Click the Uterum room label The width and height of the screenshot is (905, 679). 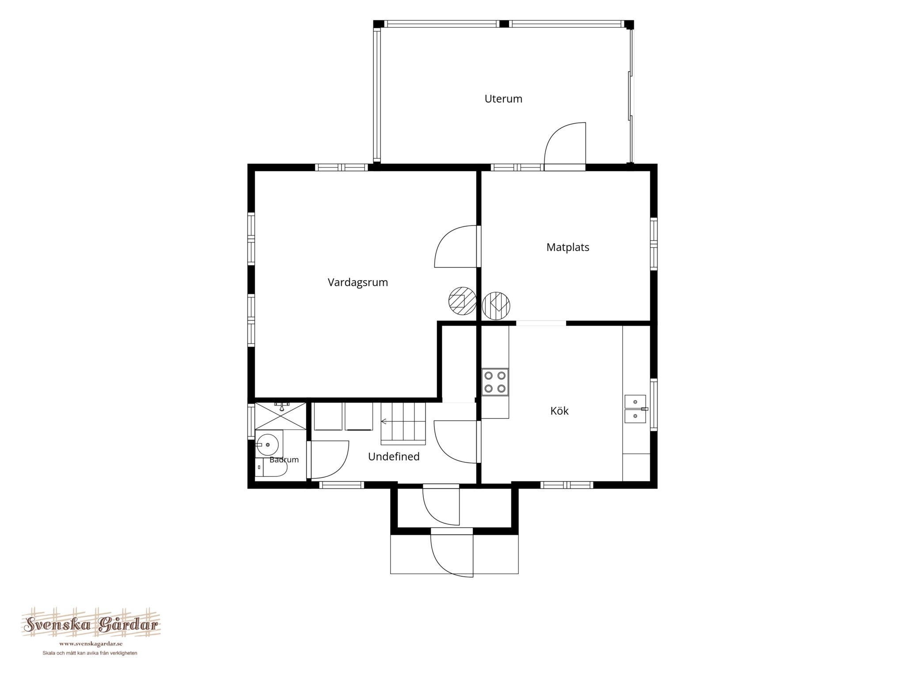(x=503, y=99)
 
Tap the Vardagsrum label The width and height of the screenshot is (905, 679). (x=357, y=282)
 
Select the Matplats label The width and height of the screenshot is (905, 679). (x=568, y=247)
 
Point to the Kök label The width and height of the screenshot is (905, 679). (x=559, y=411)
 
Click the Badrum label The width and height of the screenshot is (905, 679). (x=284, y=460)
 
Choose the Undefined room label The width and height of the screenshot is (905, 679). (x=394, y=457)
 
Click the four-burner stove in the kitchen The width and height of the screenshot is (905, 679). (x=495, y=382)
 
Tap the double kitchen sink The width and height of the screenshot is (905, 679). (x=635, y=409)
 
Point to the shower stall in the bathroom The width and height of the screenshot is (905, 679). (x=281, y=416)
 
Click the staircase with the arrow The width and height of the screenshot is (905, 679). (x=403, y=423)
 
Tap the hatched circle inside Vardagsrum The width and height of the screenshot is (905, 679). (x=462, y=301)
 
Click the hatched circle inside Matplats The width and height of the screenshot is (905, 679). (x=496, y=305)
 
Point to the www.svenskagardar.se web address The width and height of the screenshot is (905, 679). (x=91, y=644)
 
